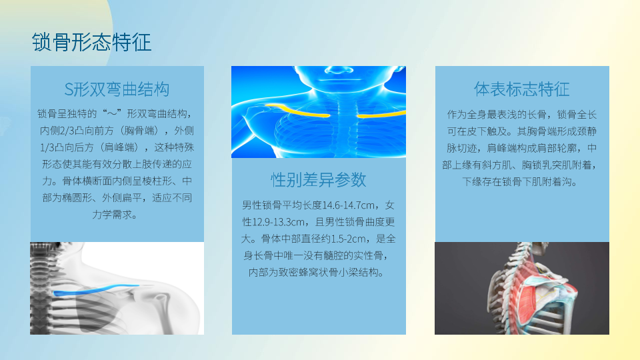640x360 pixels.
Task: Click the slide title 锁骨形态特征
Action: click(x=92, y=42)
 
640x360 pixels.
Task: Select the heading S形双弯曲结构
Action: click(x=117, y=89)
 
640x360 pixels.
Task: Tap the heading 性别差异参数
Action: click(x=319, y=179)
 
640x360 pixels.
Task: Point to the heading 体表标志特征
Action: click(x=521, y=89)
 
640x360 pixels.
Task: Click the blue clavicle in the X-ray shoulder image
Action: click(x=96, y=290)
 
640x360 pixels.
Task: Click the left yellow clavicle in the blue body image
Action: click(x=297, y=111)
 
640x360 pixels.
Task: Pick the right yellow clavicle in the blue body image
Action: click(x=381, y=114)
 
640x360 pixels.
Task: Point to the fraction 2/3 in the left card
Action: click(x=65, y=131)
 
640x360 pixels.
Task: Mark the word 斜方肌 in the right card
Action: click(x=496, y=165)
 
